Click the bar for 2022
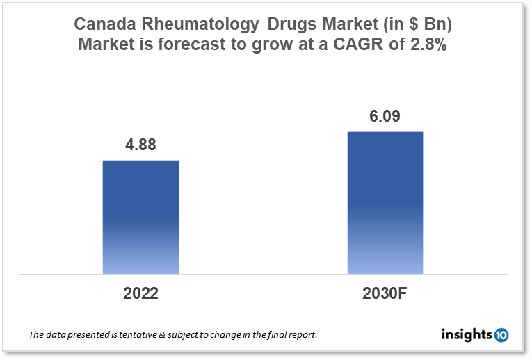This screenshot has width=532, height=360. pos(140,217)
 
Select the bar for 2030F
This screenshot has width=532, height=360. pos(385,202)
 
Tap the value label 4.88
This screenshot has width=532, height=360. pos(140,145)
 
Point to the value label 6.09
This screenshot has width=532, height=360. pos(385,116)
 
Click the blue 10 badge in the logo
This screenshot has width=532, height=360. pos(501,335)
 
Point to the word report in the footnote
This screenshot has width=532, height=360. pos(300,335)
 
